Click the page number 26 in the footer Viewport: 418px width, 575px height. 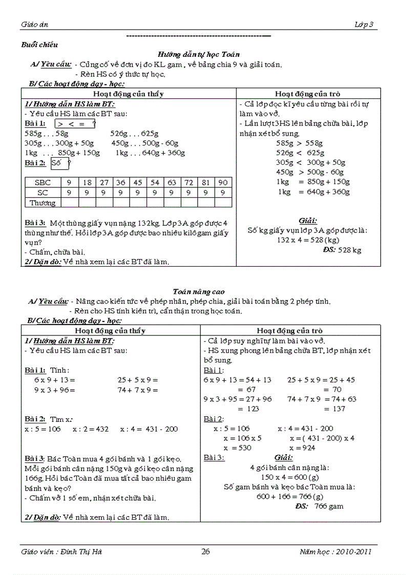coord(205,551)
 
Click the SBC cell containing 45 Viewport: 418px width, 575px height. coord(138,182)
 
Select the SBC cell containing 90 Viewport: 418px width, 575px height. coord(222,182)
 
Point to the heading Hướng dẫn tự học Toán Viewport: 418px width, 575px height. coord(199,54)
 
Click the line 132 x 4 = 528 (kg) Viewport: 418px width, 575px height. coord(308,240)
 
